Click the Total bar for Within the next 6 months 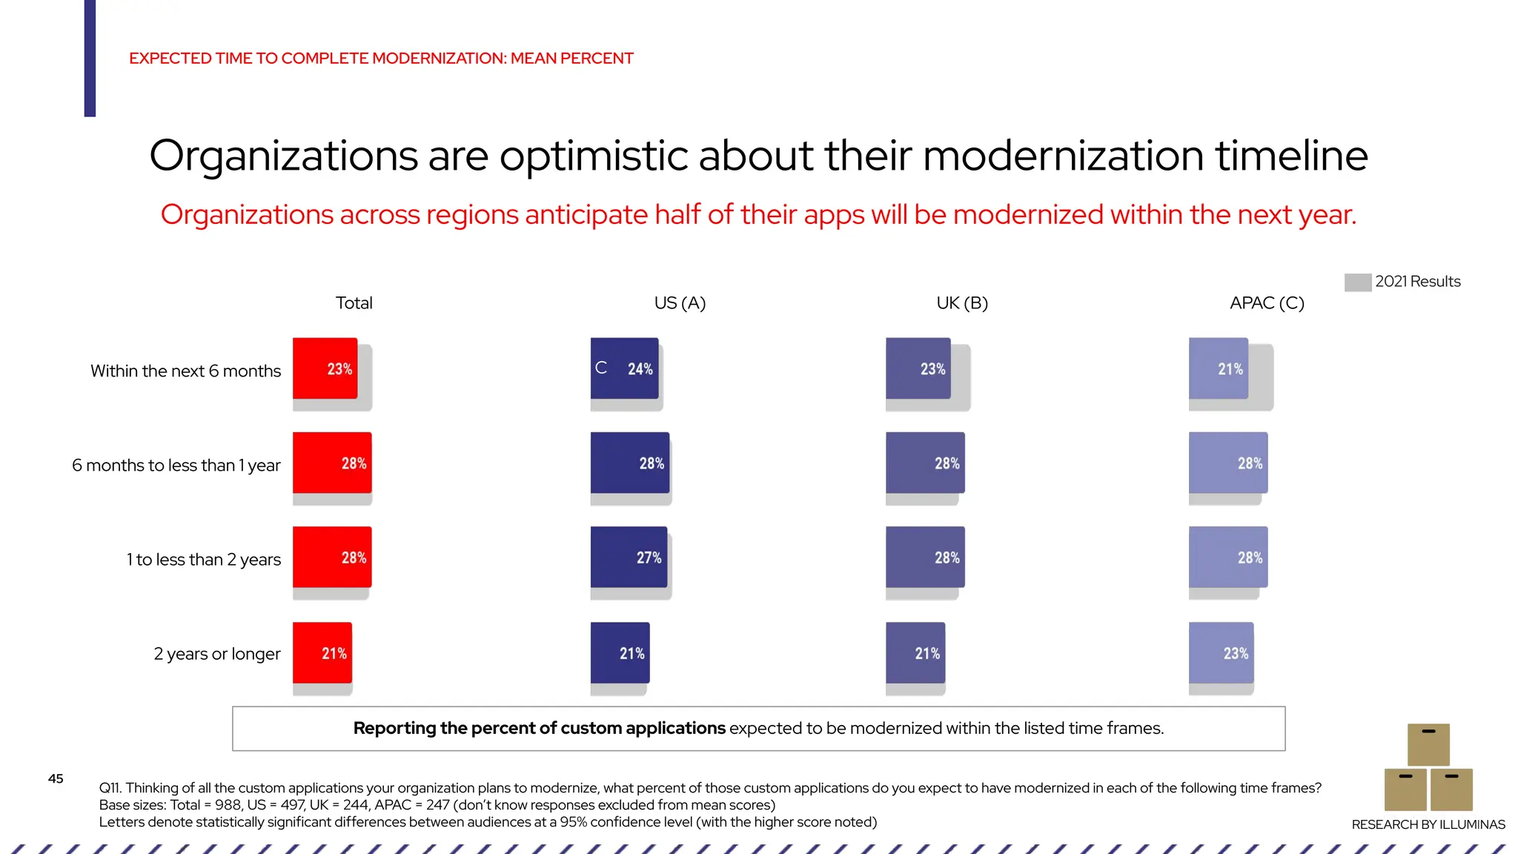point(325,368)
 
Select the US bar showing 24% point(624,368)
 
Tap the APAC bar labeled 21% point(1218,368)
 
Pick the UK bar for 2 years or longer point(915,652)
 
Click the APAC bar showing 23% point(1221,652)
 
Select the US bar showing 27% point(629,557)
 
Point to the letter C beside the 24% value point(601,368)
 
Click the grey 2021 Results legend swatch point(1357,282)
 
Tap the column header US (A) point(680,303)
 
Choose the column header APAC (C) point(1266,303)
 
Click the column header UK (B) point(961,303)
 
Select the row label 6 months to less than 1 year point(176,466)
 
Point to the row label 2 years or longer point(216,654)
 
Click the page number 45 point(56,778)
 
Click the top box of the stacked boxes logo point(1428,744)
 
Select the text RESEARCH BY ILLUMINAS point(1428,824)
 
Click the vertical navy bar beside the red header point(90,58)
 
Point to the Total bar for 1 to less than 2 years point(331,557)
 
